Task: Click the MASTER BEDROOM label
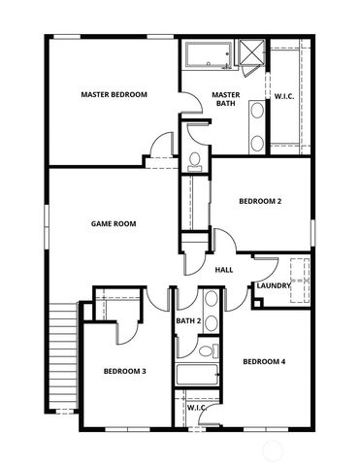[x=114, y=94]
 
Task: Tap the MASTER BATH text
[x=225, y=98]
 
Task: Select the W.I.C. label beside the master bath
[x=284, y=96]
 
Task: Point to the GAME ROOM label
[x=114, y=223]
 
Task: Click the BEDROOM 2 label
[x=260, y=201]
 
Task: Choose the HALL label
[x=223, y=270]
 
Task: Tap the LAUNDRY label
[x=274, y=285]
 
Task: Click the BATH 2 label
[x=188, y=320]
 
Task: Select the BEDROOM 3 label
[x=125, y=371]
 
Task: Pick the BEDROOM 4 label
[x=264, y=362]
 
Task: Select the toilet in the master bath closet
[x=194, y=158]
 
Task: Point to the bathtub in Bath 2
[x=197, y=376]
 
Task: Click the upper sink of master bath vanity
[x=257, y=111]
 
